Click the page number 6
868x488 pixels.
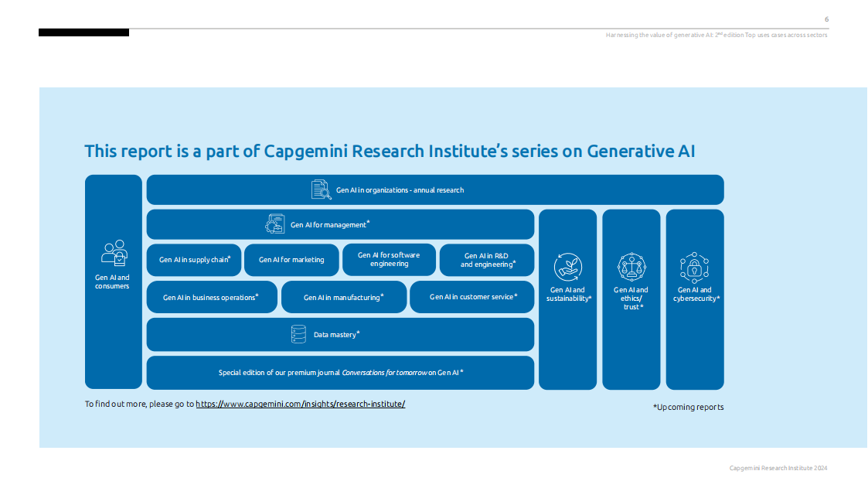[x=826, y=19]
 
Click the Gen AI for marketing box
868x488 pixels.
[x=291, y=260]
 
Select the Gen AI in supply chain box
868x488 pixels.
[x=194, y=260]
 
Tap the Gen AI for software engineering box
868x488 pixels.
[x=389, y=259]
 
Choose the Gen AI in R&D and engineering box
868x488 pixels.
[x=486, y=260]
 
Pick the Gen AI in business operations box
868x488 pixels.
[x=211, y=297]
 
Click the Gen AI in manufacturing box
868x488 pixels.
[x=343, y=297]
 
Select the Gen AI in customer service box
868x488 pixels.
[x=472, y=297]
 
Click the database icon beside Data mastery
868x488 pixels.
[x=298, y=334]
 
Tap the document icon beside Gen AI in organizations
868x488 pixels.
[x=320, y=189]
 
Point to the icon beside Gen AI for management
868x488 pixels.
[x=274, y=224]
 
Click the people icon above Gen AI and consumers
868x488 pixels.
[x=114, y=253]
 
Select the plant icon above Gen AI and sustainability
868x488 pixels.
[x=567, y=267]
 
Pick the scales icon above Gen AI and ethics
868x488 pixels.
[x=631, y=267]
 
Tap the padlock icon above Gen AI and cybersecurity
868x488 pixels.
[x=694, y=267]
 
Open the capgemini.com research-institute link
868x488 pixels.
[x=300, y=404]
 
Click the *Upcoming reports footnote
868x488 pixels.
[x=688, y=407]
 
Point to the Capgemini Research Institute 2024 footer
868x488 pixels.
[x=778, y=468]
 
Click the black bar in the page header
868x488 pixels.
[x=83, y=32]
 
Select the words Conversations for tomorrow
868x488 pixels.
[x=383, y=373]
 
